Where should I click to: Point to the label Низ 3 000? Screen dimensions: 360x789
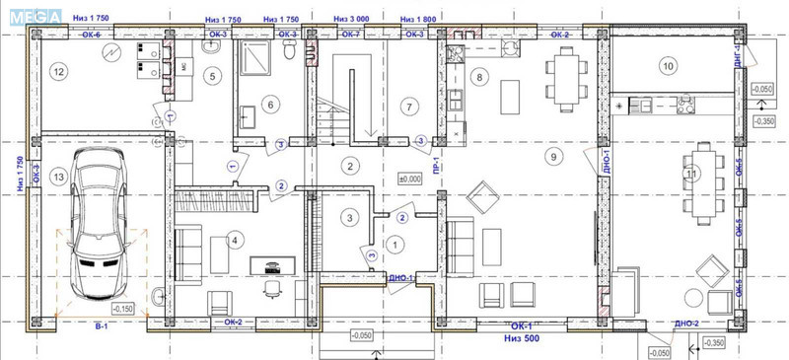352,19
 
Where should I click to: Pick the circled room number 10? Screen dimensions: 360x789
669,66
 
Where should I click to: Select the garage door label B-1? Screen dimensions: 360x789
99,324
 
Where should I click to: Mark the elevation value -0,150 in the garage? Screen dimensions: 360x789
122,309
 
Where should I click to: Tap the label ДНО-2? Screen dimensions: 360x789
685,324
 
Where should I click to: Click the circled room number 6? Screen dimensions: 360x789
271,104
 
